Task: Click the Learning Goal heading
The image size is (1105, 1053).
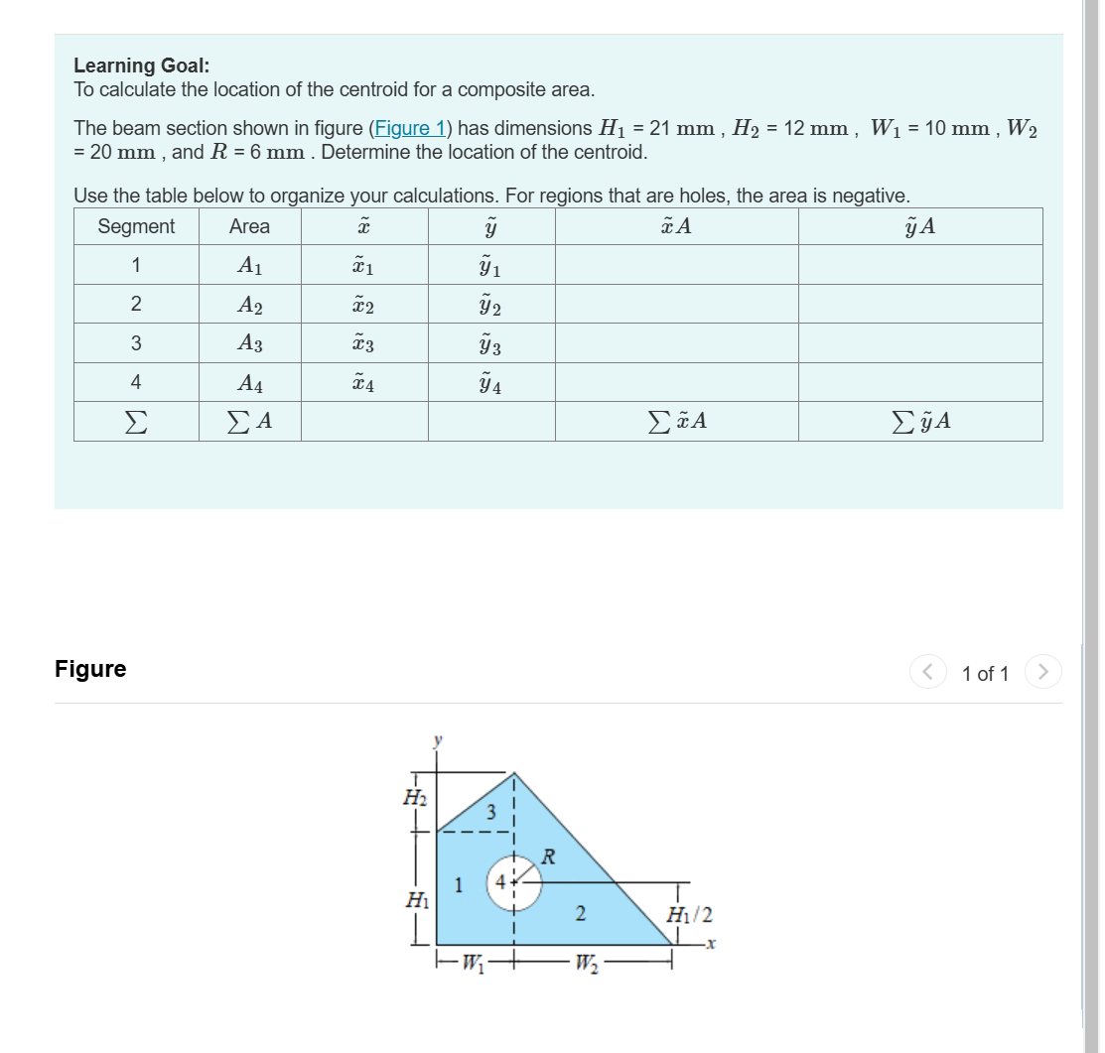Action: point(141,66)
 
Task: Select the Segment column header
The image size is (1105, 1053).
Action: point(136,226)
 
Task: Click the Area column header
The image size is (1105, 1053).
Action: point(249,226)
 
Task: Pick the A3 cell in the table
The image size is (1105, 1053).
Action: point(249,343)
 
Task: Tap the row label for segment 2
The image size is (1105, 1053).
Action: point(136,304)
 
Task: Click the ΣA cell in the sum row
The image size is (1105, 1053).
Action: point(249,422)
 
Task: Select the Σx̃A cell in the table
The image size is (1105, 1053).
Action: point(676,422)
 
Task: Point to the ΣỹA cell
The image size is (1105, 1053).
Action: point(920,422)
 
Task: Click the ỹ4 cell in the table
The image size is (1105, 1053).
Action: point(490,383)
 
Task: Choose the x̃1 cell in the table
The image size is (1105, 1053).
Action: point(363,265)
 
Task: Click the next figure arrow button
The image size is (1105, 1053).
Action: point(1042,673)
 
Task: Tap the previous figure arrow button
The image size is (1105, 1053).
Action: point(926,673)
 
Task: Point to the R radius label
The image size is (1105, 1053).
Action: point(547,855)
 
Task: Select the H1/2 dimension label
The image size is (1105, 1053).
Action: point(689,915)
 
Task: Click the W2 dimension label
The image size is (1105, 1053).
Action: point(590,961)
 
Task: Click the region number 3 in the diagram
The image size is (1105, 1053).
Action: point(490,812)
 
